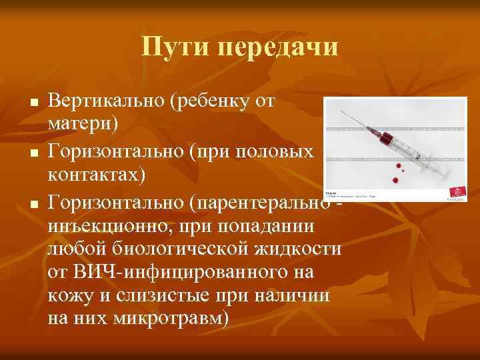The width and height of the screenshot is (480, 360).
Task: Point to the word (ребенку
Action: pos(212,103)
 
